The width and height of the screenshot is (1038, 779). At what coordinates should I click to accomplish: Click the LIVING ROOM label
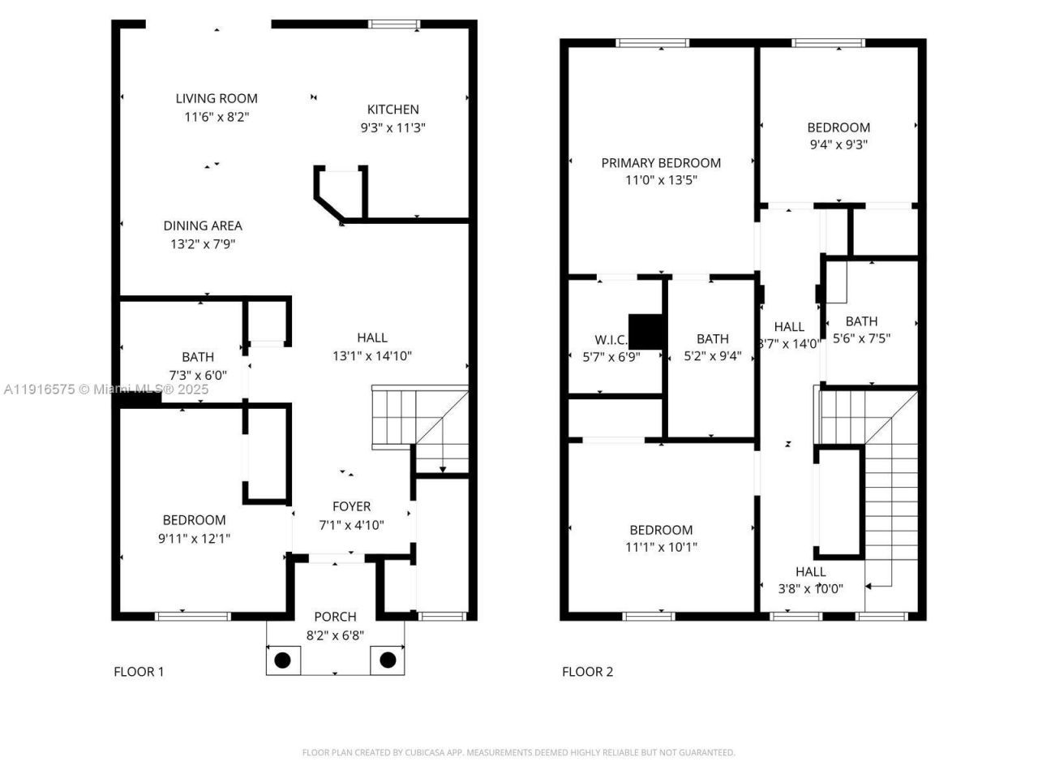point(217,98)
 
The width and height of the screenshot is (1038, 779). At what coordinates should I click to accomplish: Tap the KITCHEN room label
point(392,110)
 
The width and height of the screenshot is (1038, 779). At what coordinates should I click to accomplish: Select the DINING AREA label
point(203,226)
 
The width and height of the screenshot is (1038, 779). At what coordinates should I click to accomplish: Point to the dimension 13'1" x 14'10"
point(372,355)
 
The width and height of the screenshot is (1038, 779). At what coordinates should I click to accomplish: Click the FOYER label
point(351,506)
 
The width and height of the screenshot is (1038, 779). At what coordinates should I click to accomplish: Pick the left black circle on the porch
point(282,660)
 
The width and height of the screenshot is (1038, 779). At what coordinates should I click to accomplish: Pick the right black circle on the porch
point(388,660)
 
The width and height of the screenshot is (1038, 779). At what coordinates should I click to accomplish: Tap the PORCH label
point(335,617)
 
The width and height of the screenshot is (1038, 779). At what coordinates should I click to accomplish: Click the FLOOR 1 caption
point(139,671)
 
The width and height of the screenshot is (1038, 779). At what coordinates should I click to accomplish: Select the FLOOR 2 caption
point(587,671)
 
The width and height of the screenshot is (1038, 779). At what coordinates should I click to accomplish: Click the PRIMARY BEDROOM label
point(661,162)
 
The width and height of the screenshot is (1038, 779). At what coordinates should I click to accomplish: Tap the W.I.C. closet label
point(611,340)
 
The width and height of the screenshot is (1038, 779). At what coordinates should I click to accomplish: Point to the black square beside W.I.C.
point(646,331)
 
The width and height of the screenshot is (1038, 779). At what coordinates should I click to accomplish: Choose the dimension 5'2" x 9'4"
point(712,355)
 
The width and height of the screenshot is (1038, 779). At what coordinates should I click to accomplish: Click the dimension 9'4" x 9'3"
point(839,144)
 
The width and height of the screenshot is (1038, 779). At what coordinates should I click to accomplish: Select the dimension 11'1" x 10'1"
point(661,547)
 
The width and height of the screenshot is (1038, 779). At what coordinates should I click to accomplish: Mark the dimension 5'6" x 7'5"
point(861,338)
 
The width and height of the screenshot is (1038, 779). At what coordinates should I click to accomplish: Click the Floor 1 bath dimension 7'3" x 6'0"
point(198,375)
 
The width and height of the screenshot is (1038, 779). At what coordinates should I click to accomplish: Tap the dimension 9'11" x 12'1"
point(194,537)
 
